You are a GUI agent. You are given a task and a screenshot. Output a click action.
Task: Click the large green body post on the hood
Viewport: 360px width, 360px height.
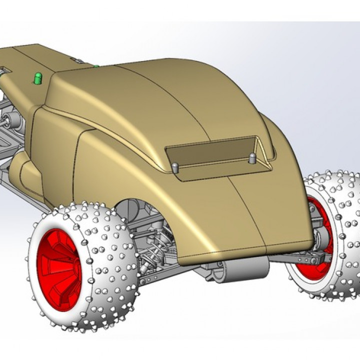(38, 78)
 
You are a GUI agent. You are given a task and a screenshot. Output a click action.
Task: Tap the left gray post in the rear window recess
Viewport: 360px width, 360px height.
(175, 167)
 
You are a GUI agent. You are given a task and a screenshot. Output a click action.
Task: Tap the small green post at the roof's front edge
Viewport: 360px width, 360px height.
(94, 65)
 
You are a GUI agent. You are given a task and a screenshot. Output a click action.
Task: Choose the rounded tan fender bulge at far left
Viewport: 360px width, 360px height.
(22, 170)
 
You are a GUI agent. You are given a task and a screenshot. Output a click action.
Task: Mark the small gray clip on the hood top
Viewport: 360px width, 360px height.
(77, 59)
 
